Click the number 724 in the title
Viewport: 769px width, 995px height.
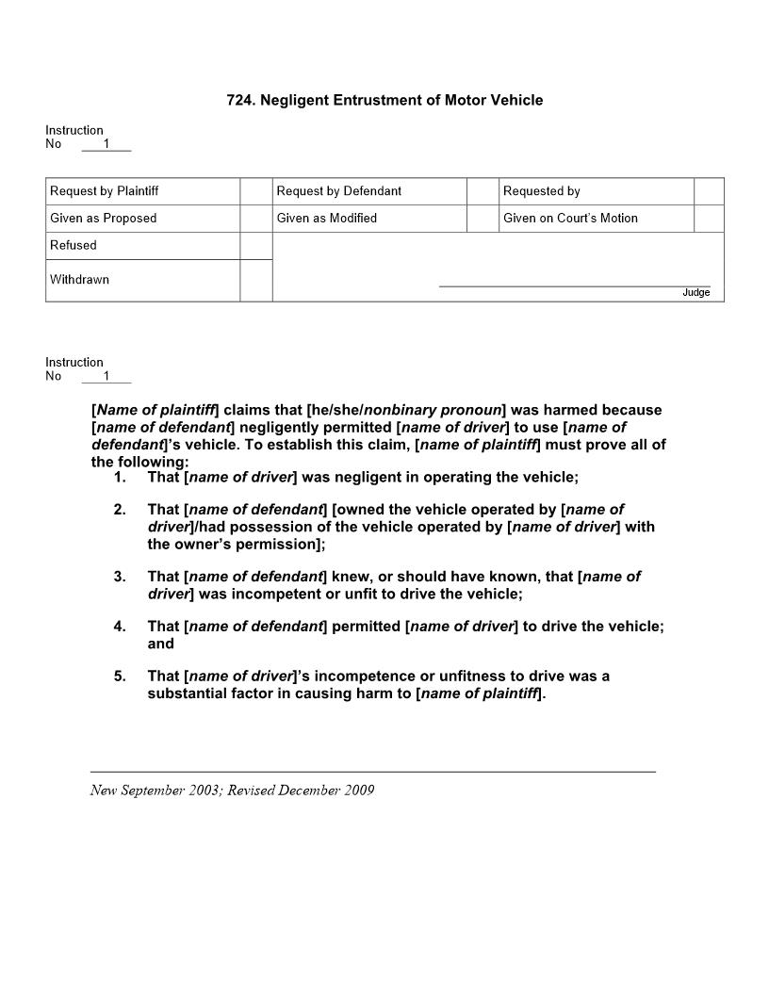(239, 100)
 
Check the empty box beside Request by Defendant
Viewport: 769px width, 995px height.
(482, 191)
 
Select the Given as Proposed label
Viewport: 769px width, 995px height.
(104, 219)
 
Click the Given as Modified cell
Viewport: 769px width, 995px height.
(327, 219)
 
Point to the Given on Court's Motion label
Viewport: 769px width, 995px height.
(570, 219)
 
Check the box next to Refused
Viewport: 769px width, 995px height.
(256, 246)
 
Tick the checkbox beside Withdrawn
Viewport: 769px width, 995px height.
(256, 281)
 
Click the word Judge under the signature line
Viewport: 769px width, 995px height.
(695, 293)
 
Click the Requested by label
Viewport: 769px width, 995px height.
(542, 191)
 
